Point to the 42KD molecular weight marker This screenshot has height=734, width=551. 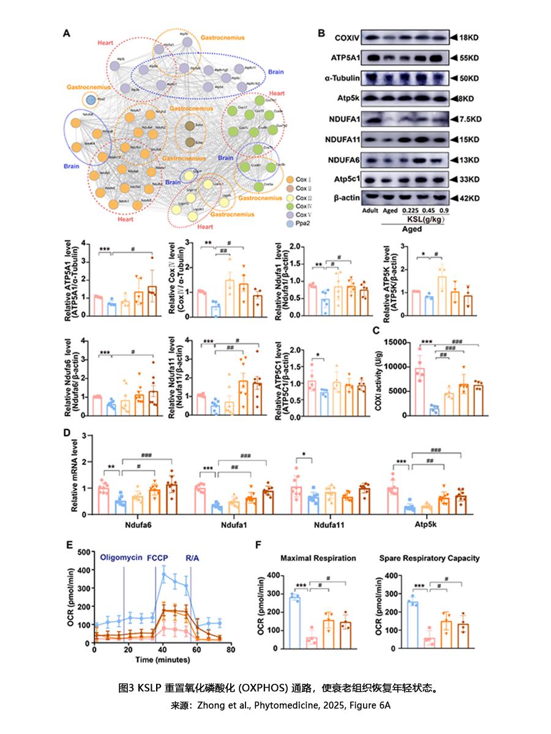470,198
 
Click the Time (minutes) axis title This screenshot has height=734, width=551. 162,661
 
